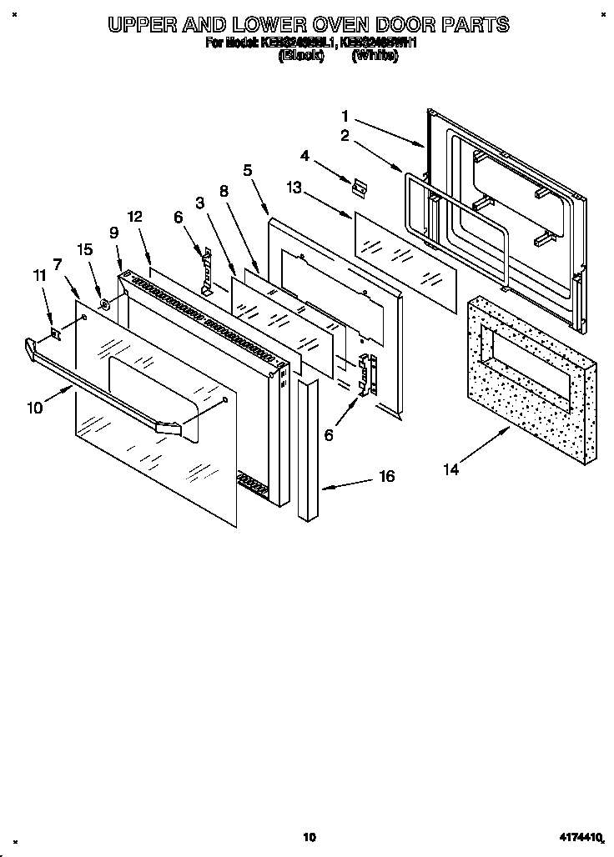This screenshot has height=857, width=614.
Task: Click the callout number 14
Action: pyautogui.click(x=450, y=469)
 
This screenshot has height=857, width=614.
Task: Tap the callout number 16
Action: pyautogui.click(x=386, y=476)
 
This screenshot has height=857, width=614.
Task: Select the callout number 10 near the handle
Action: pyautogui.click(x=34, y=408)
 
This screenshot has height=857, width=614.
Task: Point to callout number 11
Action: pyautogui.click(x=39, y=274)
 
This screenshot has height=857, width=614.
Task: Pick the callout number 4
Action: pyautogui.click(x=305, y=155)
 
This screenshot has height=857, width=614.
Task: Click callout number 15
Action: pyautogui.click(x=84, y=248)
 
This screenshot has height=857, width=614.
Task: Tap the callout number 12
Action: pyautogui.click(x=135, y=217)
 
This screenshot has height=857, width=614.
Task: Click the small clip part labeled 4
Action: pyautogui.click(x=360, y=188)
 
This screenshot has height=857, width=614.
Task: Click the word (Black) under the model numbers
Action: pyautogui.click(x=300, y=58)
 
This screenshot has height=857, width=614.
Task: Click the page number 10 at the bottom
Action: pyautogui.click(x=310, y=836)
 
